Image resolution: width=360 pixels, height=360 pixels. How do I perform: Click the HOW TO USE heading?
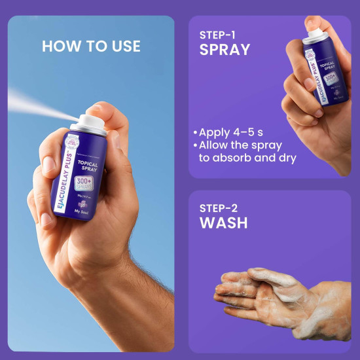click(91, 46)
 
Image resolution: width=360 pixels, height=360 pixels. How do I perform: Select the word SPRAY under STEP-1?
click(225, 49)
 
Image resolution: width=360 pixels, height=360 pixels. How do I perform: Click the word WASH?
click(223, 223)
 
